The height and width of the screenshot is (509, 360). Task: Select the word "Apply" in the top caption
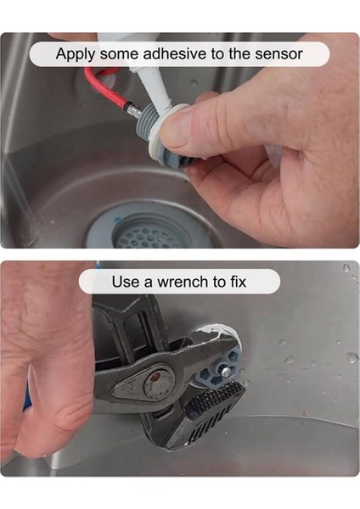click(x=76, y=54)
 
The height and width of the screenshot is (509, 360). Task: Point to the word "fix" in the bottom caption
click(x=239, y=281)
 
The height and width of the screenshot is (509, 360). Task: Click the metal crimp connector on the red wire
click(x=133, y=109)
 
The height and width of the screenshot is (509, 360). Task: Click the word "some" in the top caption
click(x=119, y=54)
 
